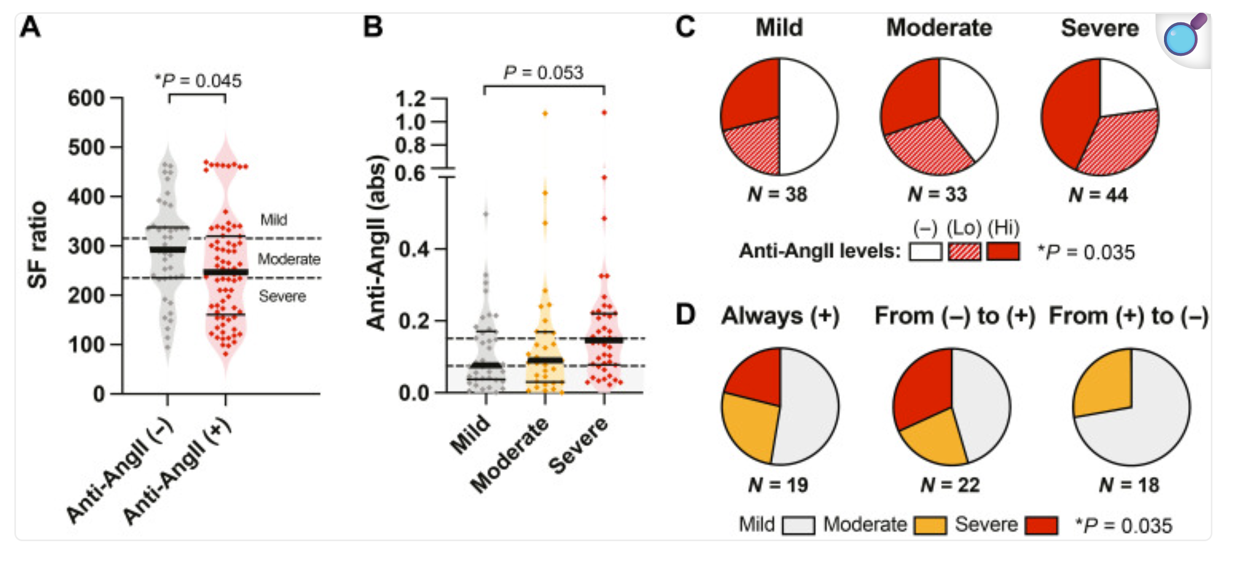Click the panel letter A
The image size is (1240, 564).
(30, 27)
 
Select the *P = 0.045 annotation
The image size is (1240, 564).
(198, 81)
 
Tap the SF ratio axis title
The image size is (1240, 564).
(38, 245)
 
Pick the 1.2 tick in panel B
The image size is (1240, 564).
(411, 99)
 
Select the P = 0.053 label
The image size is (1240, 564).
(543, 72)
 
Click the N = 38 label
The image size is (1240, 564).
(777, 194)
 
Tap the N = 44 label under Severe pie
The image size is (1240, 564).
(1098, 195)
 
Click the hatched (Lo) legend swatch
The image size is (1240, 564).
(964, 251)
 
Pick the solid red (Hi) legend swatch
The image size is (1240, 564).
(1003, 251)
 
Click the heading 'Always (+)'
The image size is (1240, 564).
(780, 316)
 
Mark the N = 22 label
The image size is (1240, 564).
(950, 485)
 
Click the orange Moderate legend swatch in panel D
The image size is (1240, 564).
(930, 525)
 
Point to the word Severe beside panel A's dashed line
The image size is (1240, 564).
(282, 296)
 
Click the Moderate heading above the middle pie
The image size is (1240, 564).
(939, 28)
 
